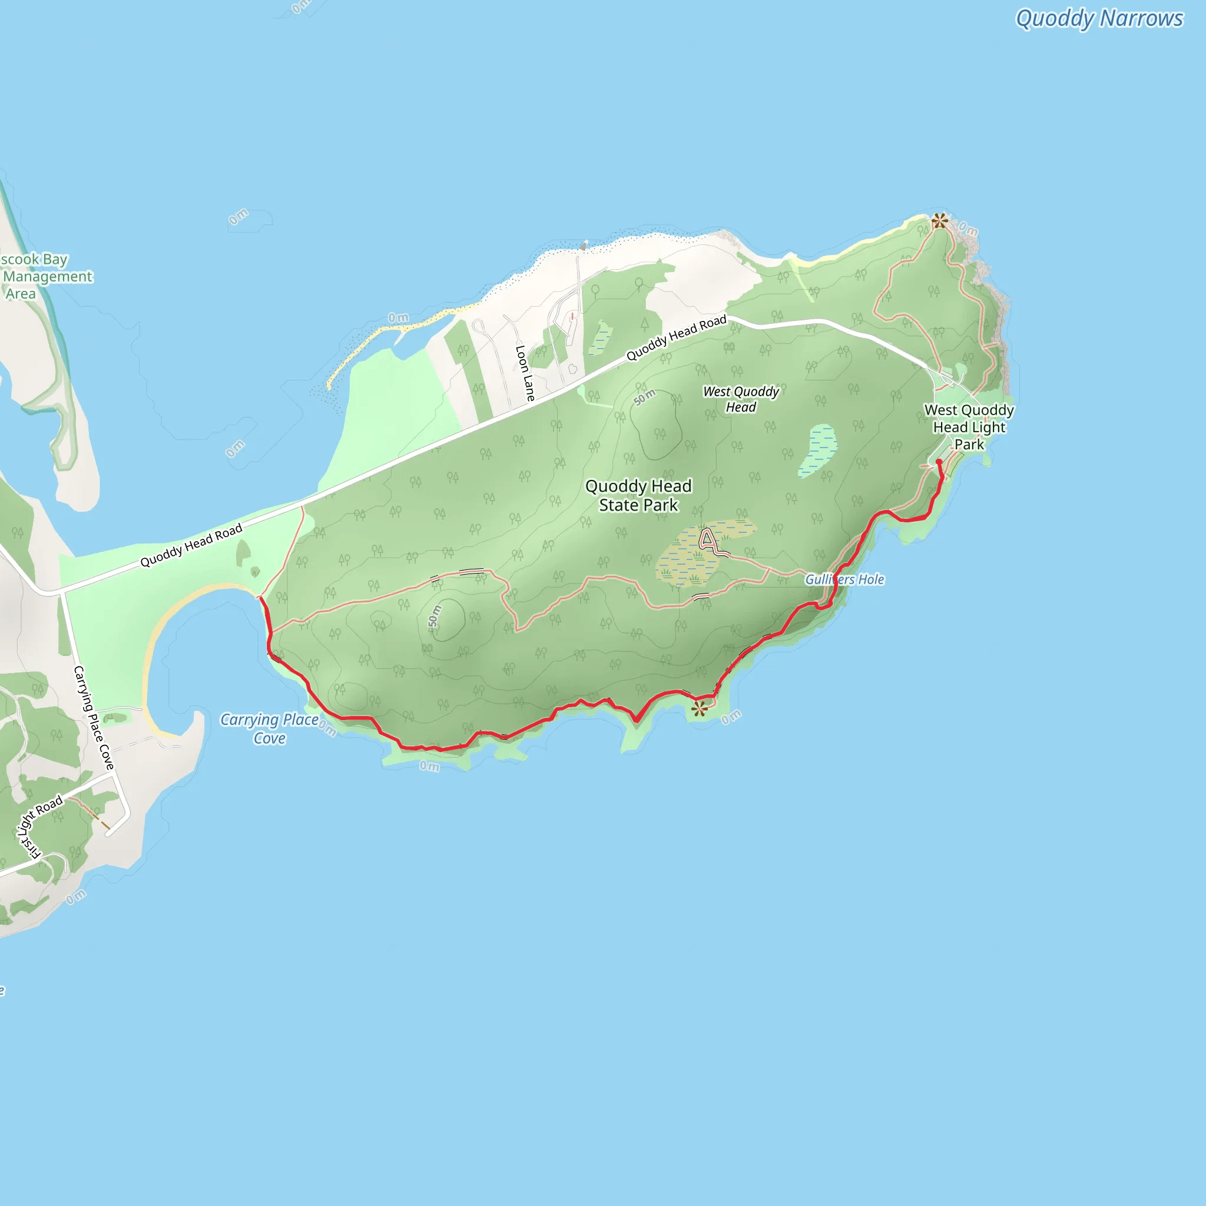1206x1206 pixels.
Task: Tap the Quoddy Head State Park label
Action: point(638,496)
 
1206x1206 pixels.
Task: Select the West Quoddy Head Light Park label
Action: point(969,427)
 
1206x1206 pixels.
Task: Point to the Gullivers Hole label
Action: point(844,579)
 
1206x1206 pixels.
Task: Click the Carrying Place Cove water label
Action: point(269,728)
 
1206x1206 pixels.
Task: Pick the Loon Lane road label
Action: point(525,373)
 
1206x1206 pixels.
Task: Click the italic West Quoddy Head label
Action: point(741,399)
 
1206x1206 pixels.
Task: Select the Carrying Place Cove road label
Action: point(94,717)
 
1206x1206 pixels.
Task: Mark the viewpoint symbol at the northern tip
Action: point(939,220)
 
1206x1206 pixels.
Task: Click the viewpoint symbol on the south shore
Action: point(699,708)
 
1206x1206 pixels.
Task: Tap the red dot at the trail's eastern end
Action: point(939,462)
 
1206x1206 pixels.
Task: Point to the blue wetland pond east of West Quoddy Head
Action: point(818,450)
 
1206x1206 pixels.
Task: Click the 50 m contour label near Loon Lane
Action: point(645,397)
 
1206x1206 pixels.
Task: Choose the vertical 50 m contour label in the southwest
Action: point(435,616)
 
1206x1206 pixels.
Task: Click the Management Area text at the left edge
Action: point(48,277)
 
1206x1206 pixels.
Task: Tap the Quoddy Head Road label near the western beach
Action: point(191,545)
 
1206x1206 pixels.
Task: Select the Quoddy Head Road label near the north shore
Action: point(677,337)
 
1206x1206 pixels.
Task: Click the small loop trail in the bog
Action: point(707,539)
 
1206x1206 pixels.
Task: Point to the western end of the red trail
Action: point(261,599)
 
